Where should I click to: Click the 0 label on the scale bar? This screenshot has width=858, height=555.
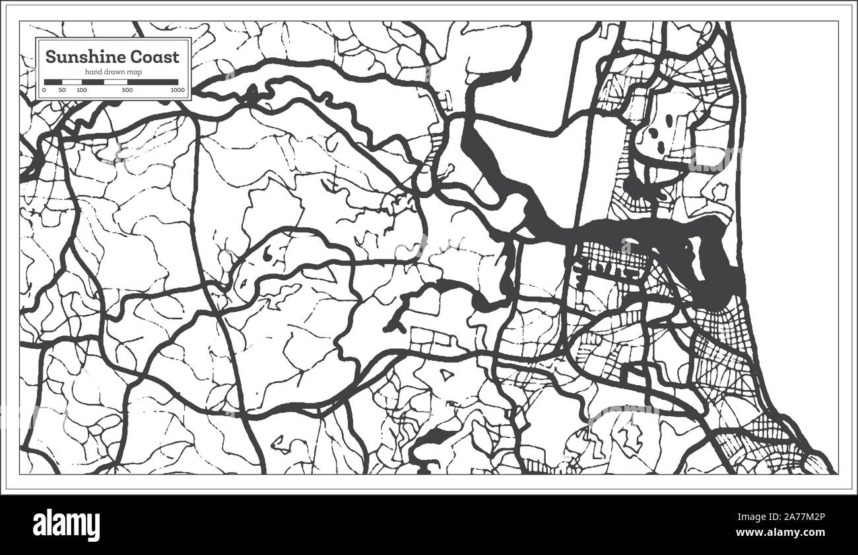(44, 89)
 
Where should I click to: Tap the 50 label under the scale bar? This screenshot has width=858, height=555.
(62, 89)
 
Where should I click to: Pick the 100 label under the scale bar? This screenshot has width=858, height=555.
(81, 89)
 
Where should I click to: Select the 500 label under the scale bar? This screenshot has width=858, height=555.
(127, 89)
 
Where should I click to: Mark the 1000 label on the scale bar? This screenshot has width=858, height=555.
(177, 89)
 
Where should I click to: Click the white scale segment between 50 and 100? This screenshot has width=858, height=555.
(71, 82)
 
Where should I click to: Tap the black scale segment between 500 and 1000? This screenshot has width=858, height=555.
(152, 82)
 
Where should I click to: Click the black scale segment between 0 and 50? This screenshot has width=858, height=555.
(53, 82)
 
